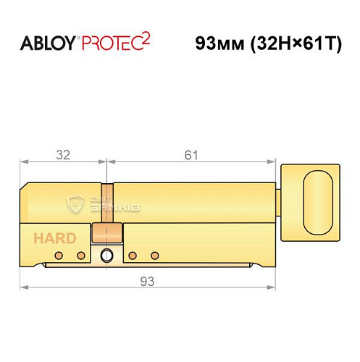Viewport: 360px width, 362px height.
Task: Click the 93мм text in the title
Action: click(218, 43)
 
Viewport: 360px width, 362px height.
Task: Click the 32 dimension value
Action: click(63, 154)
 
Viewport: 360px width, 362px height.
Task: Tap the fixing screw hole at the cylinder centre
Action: click(107, 256)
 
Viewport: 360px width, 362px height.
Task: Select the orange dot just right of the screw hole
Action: click(133, 256)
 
